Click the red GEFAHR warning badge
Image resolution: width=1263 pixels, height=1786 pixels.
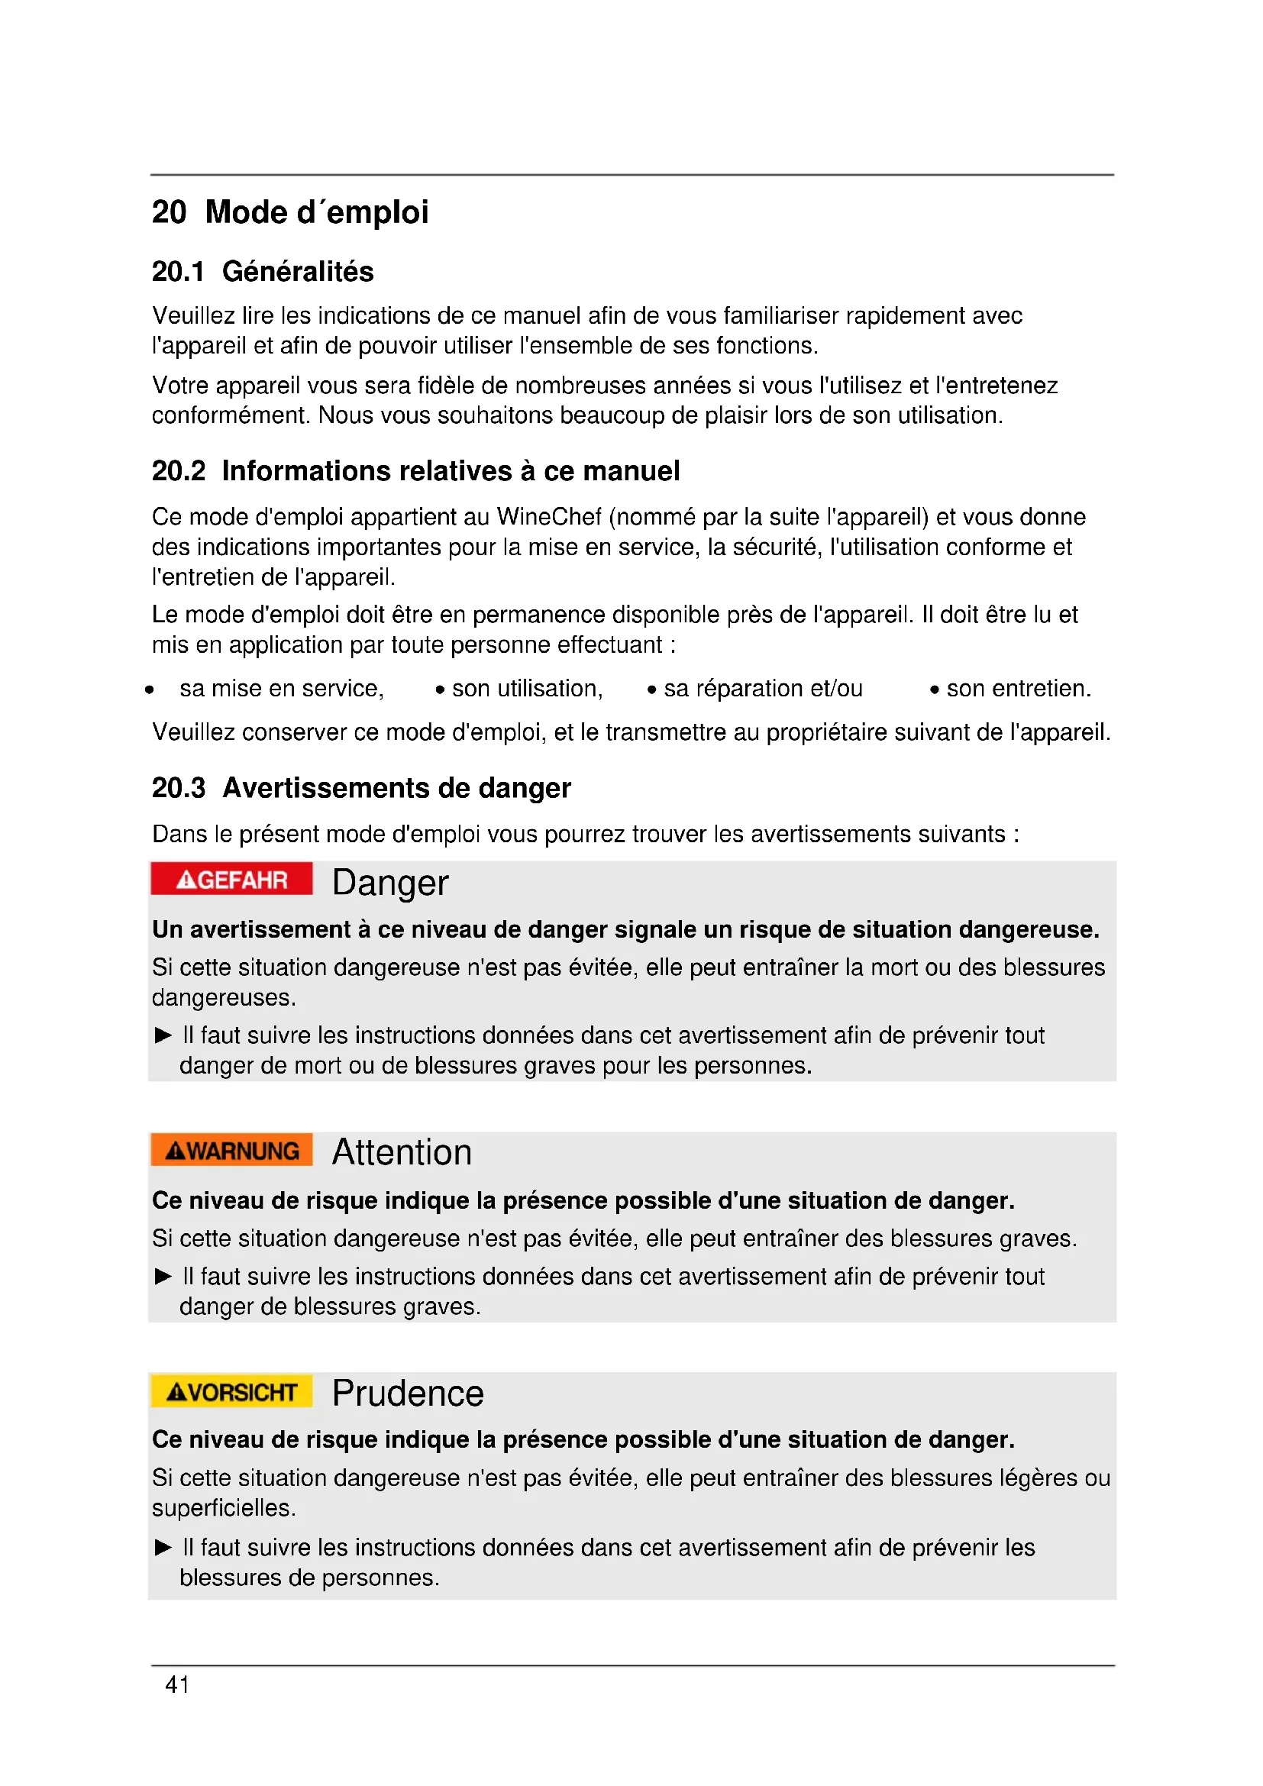click(232, 879)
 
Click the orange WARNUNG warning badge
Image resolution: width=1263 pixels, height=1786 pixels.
click(232, 1150)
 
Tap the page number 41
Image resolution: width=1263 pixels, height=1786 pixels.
click(176, 1684)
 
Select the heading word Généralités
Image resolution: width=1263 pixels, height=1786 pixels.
click(298, 272)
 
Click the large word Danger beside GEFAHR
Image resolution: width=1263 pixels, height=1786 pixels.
click(389, 883)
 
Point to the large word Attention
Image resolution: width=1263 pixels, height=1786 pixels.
click(402, 1152)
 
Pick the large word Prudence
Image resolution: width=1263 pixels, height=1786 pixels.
click(408, 1394)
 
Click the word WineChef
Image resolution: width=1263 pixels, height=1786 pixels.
click(549, 516)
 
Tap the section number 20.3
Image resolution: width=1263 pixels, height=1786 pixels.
click(178, 788)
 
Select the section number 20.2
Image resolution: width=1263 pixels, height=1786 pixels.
click(178, 471)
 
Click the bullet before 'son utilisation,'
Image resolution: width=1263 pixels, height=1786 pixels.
click(440, 690)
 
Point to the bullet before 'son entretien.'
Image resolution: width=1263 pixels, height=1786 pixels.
click(934, 690)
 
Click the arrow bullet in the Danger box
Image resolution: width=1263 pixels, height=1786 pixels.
click(163, 1035)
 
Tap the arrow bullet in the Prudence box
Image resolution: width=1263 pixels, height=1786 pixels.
click(163, 1547)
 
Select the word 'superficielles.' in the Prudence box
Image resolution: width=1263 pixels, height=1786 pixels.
click(224, 1508)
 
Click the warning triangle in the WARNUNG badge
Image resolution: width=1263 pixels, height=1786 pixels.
click(176, 1151)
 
